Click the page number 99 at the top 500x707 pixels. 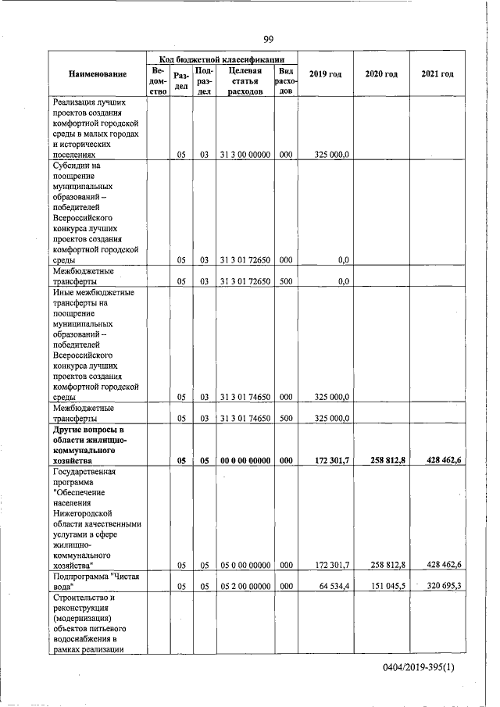click(x=268, y=40)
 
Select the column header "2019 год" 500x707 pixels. click(x=325, y=73)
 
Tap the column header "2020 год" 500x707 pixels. click(x=381, y=73)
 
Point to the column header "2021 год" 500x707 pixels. click(x=437, y=73)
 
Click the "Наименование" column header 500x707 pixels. click(x=98, y=74)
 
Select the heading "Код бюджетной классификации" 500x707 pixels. click(x=222, y=59)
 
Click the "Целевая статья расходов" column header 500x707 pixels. click(x=245, y=80)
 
